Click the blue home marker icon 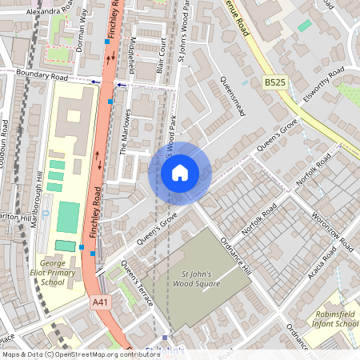click(180, 172)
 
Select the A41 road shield click(99, 302)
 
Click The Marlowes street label click(125, 138)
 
